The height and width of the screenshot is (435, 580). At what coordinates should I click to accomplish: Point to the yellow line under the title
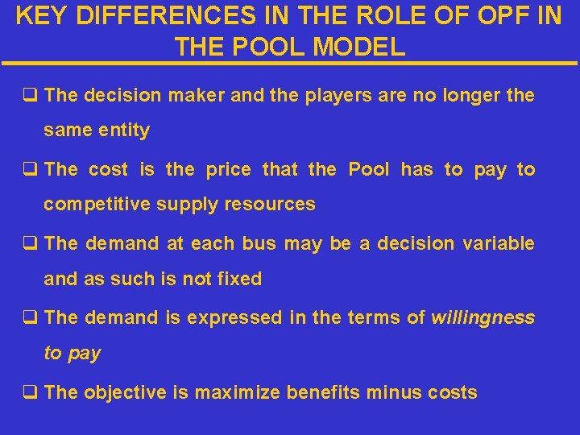[x=290, y=64]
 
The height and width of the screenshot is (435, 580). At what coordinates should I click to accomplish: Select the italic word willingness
[x=483, y=317]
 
